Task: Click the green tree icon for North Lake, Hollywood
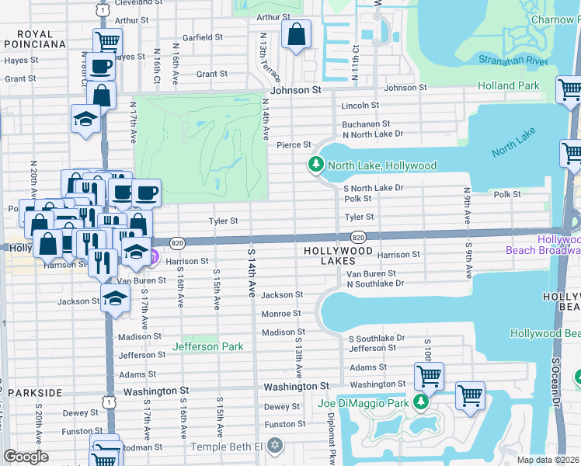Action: pyautogui.click(x=315, y=165)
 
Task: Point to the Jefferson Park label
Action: pyautogui.click(x=207, y=346)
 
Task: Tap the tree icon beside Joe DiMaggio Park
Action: pyautogui.click(x=420, y=402)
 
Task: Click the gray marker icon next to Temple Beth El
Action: pyautogui.click(x=273, y=446)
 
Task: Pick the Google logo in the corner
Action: pyautogui.click(x=26, y=457)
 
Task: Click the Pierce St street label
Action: pyautogui.click(x=294, y=144)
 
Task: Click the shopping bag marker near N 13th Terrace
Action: pyautogui.click(x=296, y=36)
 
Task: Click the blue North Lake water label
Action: pyautogui.click(x=513, y=146)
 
